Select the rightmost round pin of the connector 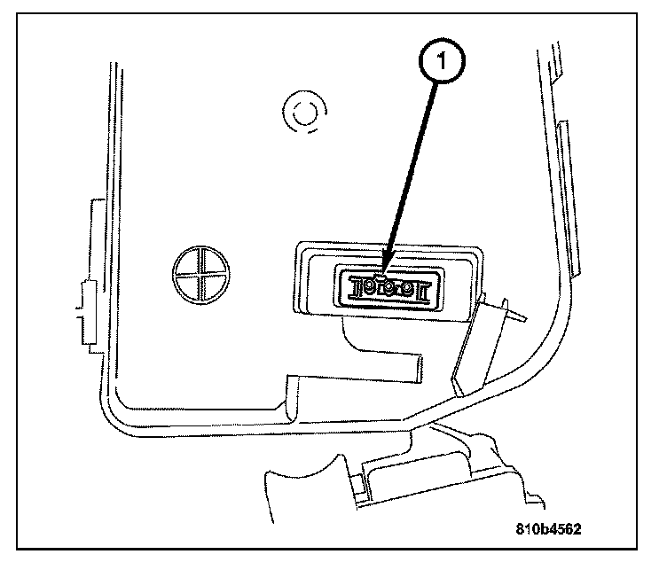(405, 289)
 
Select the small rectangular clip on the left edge (87, 310)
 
